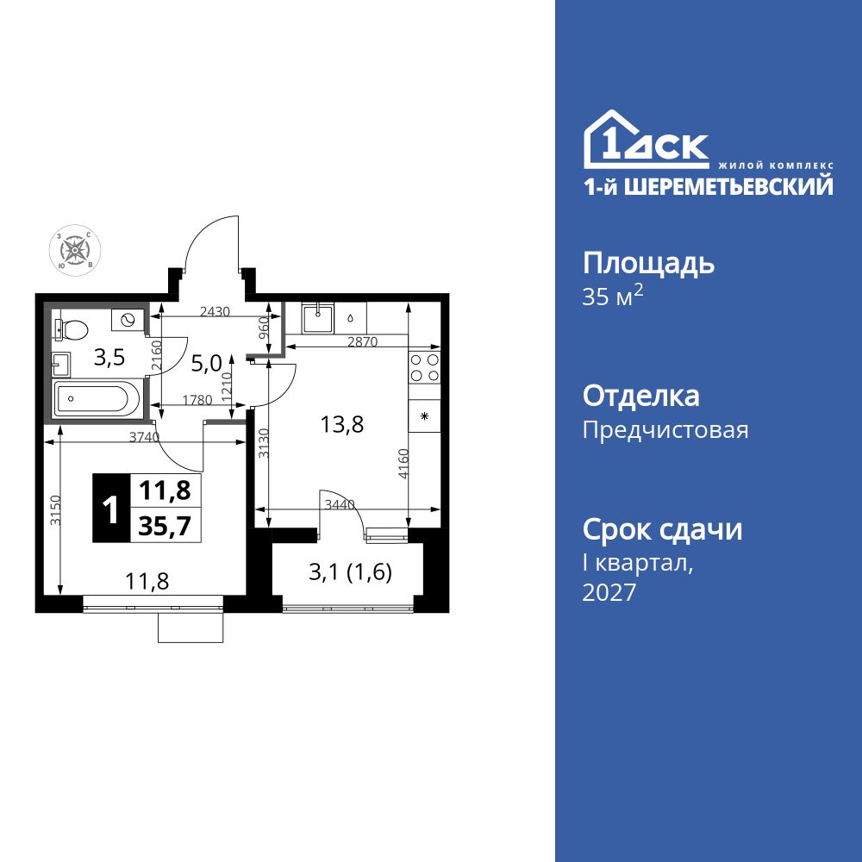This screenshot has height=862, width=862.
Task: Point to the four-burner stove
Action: coord(424,368)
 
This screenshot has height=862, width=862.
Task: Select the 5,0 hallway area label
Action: coord(206,364)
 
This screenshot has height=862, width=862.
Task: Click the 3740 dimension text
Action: coord(144,437)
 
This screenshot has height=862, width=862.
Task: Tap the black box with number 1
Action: coord(110,509)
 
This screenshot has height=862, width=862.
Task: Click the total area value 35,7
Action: coord(166,524)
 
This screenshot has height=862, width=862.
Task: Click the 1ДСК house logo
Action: coord(646,140)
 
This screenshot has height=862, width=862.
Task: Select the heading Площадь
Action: coord(648,263)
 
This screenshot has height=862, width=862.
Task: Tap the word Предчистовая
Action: coord(665,429)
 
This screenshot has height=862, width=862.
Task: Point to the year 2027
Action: coord(609,593)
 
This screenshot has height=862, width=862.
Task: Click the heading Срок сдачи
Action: coord(662,529)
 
